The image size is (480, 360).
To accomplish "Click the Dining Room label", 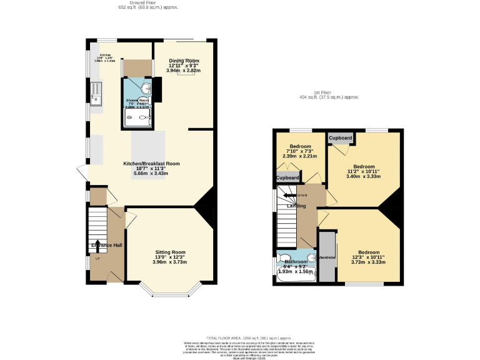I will [x=184, y=61].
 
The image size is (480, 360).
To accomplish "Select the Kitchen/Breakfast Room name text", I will [x=151, y=163].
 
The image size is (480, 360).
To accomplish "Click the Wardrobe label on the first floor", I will [x=327, y=257].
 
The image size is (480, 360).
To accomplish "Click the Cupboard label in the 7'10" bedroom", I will [x=287, y=178].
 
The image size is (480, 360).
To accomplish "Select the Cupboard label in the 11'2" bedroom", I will [x=340, y=137].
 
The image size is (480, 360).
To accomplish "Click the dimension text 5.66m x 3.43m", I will [x=151, y=173].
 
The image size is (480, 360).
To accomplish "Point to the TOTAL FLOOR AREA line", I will [x=239, y=337].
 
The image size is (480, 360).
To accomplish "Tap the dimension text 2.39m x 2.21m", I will [x=300, y=156].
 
